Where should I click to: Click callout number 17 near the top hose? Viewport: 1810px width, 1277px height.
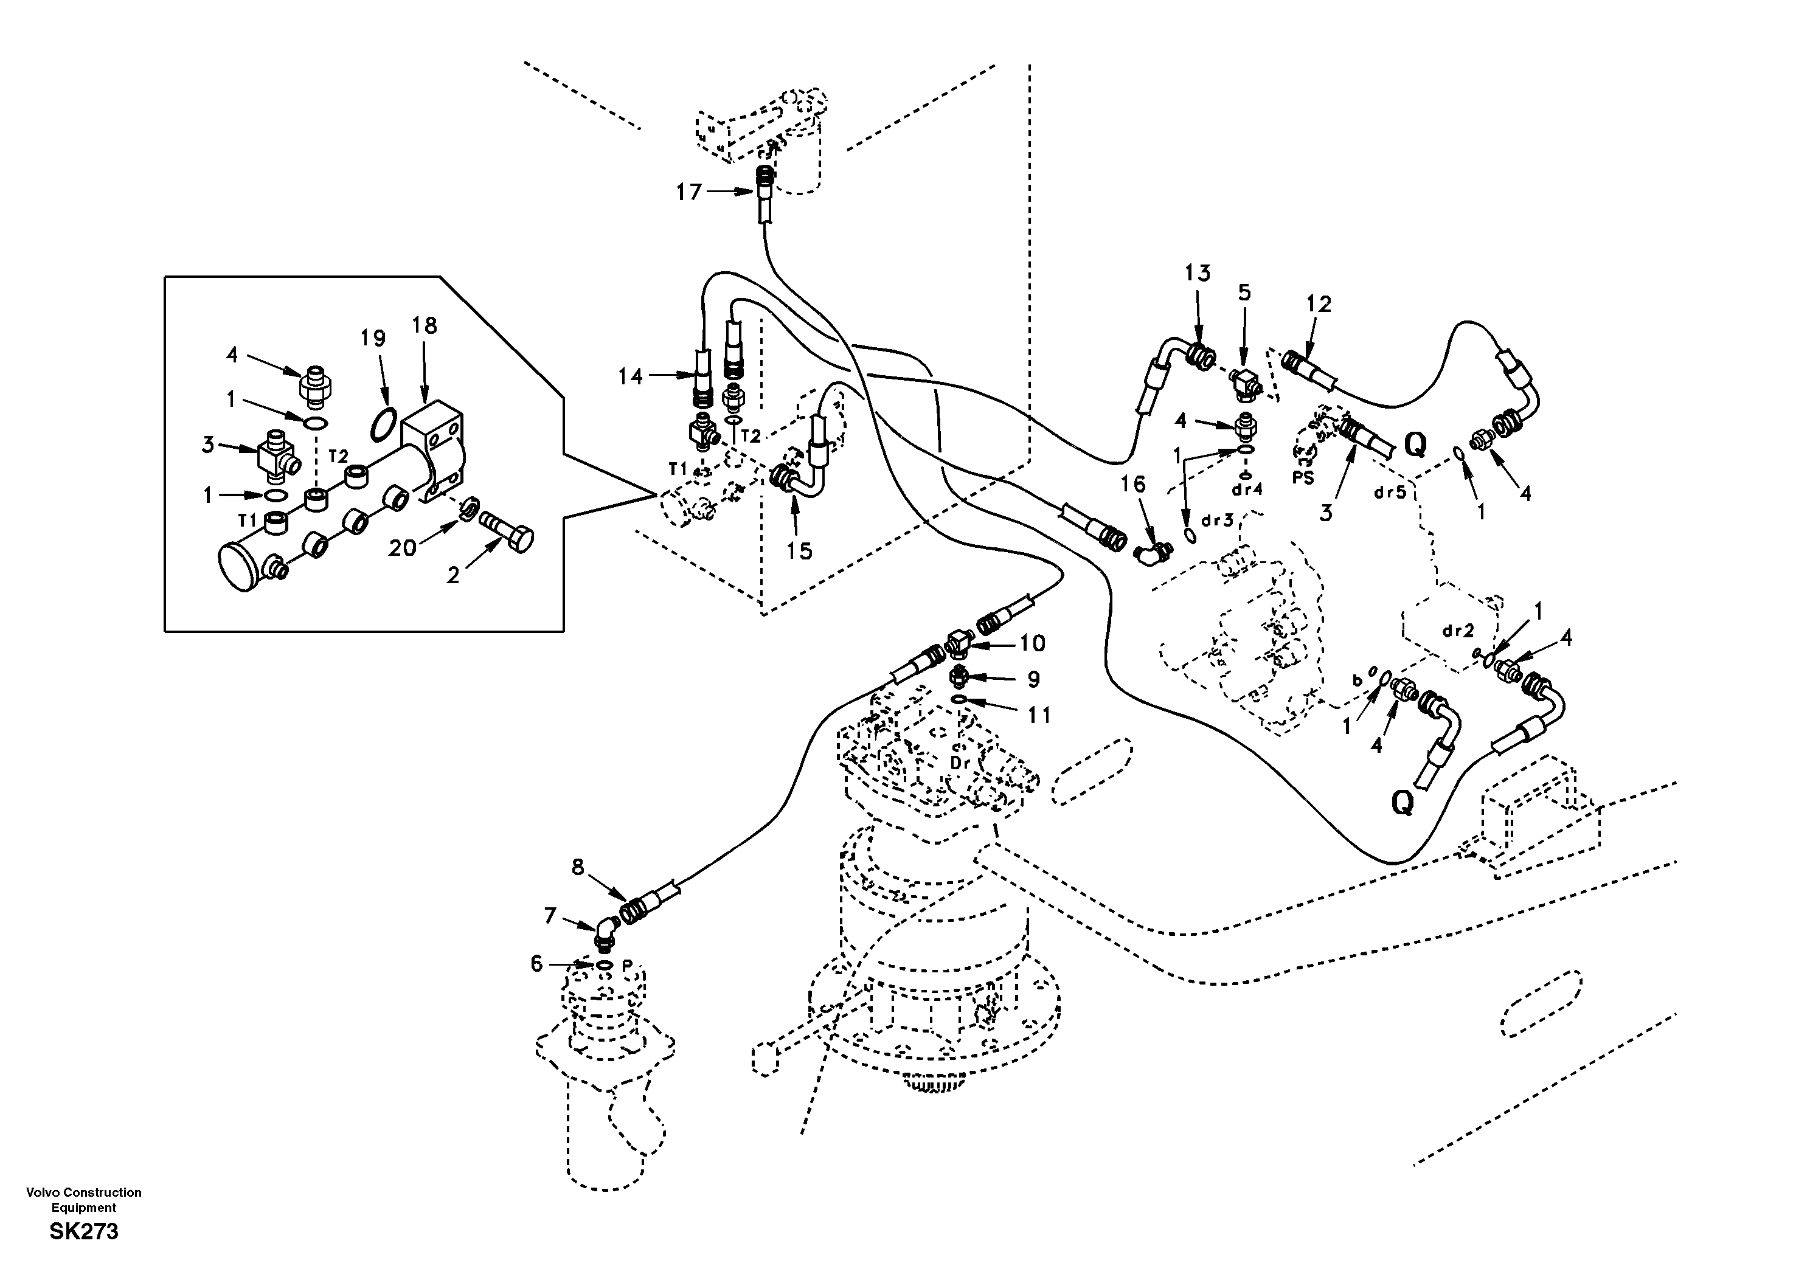point(688,192)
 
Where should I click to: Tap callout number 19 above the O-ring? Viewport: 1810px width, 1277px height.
point(373,338)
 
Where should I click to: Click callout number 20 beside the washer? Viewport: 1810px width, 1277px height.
point(402,547)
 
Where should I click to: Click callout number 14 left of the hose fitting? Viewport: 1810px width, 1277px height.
point(630,377)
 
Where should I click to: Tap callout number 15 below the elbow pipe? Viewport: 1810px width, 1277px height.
point(799,551)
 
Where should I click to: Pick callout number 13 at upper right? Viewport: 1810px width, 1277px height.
point(1198,274)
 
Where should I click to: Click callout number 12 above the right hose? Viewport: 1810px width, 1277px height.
point(1318,303)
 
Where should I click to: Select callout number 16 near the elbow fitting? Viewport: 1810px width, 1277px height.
point(1133,484)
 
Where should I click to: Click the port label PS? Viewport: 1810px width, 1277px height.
point(1303,478)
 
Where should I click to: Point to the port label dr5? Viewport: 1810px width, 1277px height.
point(1390,493)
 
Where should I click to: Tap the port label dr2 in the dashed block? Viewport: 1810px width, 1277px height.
point(1458,631)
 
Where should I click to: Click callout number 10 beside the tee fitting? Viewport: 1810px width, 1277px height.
point(1032,643)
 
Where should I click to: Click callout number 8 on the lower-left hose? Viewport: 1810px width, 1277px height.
point(578,867)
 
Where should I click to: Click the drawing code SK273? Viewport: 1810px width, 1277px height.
point(83,1231)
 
